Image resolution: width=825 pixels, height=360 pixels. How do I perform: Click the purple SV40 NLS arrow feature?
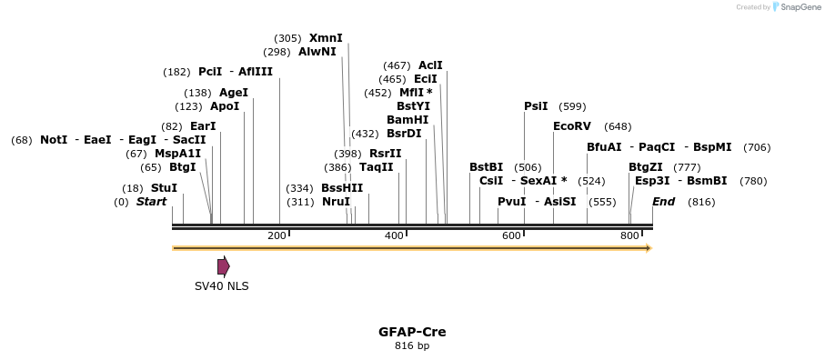point(223,266)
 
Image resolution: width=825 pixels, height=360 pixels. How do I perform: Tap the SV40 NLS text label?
point(221,285)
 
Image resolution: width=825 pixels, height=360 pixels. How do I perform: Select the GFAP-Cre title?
point(412,332)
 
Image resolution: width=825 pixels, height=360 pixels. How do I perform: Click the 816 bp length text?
point(412,345)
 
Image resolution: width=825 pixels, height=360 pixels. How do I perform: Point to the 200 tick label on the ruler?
point(277,236)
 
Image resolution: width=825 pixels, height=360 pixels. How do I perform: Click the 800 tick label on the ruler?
point(629,236)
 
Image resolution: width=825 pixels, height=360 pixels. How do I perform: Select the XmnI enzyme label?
point(326,38)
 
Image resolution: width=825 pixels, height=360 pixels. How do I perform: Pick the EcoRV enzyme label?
point(571,126)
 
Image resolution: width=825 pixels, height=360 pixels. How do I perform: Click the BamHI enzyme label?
point(407,120)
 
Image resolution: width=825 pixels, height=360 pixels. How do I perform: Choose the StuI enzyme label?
point(164,188)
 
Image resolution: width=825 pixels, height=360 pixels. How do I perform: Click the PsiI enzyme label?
point(536,106)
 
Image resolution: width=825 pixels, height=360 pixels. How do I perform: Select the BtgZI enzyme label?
point(646,167)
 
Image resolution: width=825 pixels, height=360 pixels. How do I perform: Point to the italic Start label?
point(151,202)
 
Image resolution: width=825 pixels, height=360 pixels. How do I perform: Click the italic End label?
point(663,202)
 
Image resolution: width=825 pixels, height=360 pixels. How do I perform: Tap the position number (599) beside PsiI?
point(572,106)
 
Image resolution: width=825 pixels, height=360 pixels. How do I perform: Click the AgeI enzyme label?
point(234,93)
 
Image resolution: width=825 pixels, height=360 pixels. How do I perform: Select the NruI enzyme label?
point(336,202)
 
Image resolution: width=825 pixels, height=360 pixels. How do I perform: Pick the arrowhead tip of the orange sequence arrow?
point(650,247)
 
